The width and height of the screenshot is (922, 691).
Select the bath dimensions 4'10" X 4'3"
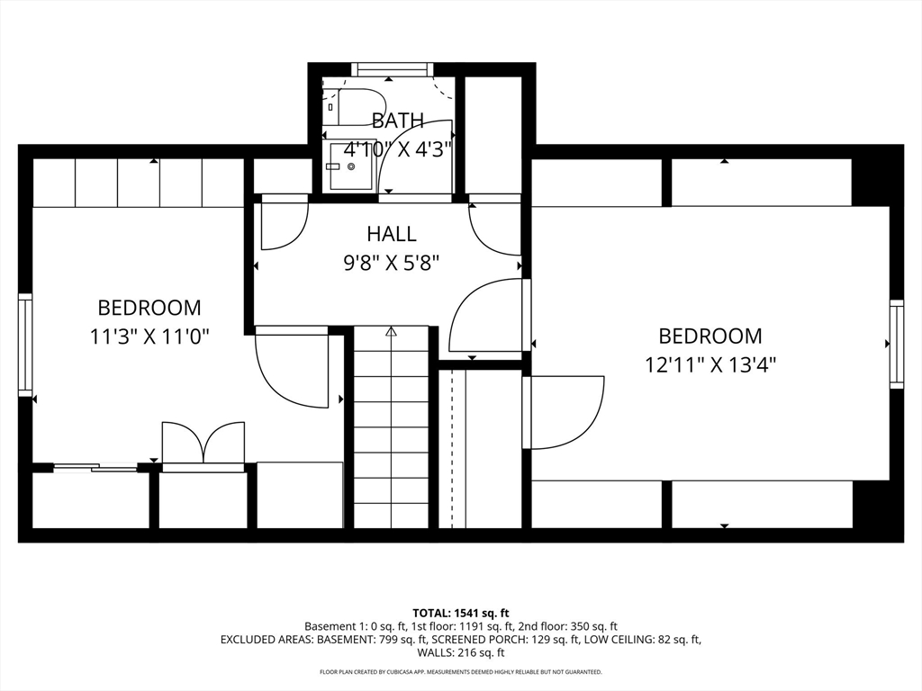tap(397, 148)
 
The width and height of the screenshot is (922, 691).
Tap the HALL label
tap(392, 234)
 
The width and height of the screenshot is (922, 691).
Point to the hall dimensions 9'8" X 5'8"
tap(392, 262)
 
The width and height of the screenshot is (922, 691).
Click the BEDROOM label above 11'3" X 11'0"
tap(149, 308)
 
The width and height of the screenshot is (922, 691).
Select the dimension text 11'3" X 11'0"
tap(149, 337)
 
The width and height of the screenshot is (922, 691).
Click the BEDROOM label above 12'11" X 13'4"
tap(710, 336)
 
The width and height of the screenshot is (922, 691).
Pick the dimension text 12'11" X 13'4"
tap(710, 364)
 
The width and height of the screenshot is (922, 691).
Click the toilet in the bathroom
tap(357, 106)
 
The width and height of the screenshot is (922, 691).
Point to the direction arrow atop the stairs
tap(391, 332)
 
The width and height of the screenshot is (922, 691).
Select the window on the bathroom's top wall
tap(391, 68)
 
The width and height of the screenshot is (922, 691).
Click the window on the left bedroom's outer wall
tap(25, 345)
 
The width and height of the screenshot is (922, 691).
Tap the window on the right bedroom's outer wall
tap(897, 344)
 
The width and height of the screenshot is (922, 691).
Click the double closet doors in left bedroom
tap(203, 443)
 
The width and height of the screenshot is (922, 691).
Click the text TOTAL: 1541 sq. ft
tap(460, 613)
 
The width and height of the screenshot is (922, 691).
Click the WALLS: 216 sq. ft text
tap(460, 653)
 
